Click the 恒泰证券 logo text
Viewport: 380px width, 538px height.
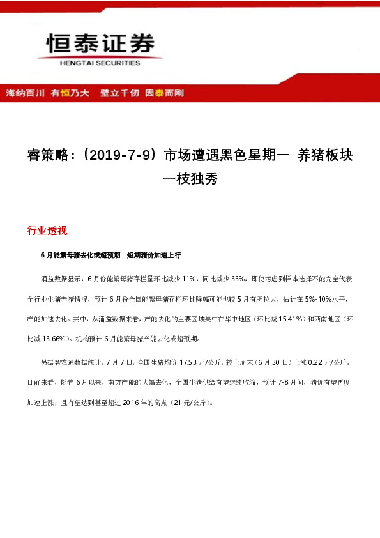(x=101, y=43)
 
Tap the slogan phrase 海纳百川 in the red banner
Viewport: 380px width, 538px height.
(x=25, y=93)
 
